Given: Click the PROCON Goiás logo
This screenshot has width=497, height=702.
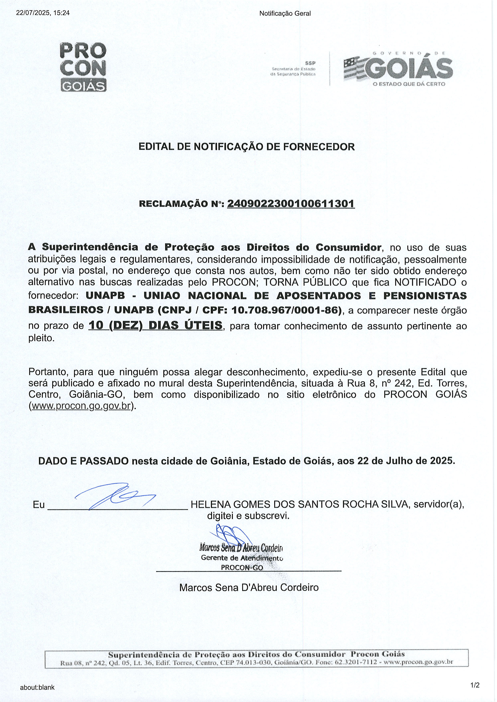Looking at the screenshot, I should [x=83, y=67].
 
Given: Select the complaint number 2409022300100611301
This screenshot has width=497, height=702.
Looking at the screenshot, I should [x=291, y=204].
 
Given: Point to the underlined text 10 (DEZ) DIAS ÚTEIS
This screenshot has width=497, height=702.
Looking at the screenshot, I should [x=156, y=325].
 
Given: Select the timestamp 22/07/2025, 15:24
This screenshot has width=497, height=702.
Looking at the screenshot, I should [x=43, y=13].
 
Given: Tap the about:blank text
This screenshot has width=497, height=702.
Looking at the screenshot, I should [x=37, y=687].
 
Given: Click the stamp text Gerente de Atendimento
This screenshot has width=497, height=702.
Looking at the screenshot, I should [x=242, y=558].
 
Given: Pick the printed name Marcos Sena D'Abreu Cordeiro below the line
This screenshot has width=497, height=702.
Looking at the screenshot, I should [x=249, y=587].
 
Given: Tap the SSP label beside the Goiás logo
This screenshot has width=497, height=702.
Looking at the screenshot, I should [x=310, y=63].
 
